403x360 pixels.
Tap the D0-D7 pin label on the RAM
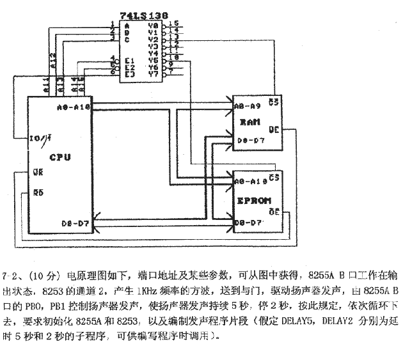click(246, 139)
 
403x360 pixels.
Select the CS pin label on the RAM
click(274, 102)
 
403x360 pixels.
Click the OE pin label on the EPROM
click(274, 211)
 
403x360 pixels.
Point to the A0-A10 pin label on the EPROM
click(249, 182)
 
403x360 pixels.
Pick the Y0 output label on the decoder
click(152, 26)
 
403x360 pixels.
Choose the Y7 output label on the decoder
click(152, 74)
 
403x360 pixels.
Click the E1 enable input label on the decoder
click(129, 61)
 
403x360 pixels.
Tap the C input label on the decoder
click(128, 39)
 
